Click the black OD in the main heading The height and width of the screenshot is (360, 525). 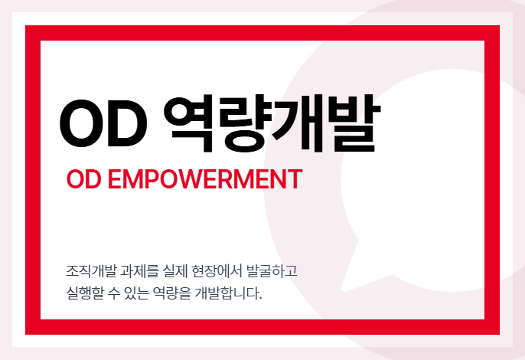click(x=103, y=123)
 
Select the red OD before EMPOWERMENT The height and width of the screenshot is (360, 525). click(x=83, y=179)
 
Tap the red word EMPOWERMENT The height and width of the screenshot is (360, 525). click(x=205, y=179)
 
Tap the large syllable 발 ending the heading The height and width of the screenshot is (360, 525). click(x=354, y=123)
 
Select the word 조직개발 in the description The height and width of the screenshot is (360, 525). click(x=91, y=271)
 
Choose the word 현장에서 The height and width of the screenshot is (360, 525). click(x=217, y=271)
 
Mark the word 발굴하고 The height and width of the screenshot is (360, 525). click(x=272, y=271)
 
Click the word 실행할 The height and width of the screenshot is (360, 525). click(x=85, y=293)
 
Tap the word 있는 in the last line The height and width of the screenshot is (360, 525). click(x=136, y=293)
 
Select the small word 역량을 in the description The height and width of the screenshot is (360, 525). click(x=171, y=293)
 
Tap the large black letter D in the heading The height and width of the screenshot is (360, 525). click(x=126, y=123)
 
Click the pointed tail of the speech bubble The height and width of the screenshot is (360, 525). click(x=343, y=289)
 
